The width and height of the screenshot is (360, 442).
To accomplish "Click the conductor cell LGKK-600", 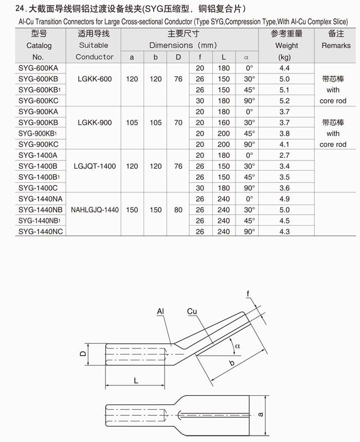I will [94, 79].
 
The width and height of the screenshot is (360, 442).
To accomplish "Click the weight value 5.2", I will [284, 101].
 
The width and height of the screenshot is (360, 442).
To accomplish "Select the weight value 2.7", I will [284, 155].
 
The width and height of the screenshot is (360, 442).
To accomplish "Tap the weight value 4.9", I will [284, 199].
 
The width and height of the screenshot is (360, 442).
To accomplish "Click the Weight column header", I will [286, 45].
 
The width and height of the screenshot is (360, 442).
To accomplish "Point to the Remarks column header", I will [336, 45].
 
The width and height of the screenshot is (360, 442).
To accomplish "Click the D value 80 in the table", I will [178, 210].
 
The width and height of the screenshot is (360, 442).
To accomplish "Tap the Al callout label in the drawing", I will [160, 312].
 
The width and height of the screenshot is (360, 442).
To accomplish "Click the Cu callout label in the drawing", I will [192, 312].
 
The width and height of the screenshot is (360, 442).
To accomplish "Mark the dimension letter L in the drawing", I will [135, 381].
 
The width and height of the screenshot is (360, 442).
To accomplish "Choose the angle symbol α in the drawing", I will [237, 346].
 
